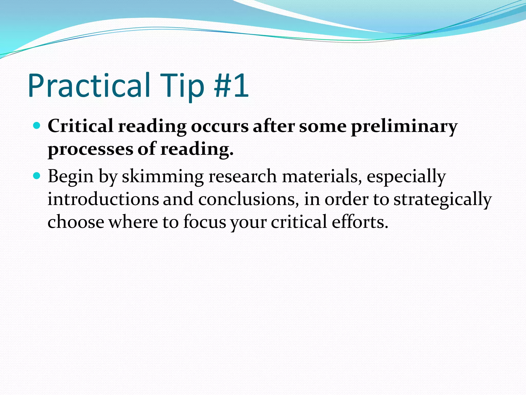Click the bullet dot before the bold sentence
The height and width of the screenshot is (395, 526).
[37, 126]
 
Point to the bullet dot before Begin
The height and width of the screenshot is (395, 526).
[37, 176]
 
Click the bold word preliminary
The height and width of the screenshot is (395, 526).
[404, 127]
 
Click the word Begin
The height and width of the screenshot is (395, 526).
[71, 177]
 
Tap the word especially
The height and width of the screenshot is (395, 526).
[406, 177]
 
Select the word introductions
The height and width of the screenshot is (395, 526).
[103, 199]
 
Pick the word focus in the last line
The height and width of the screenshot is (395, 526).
[204, 222]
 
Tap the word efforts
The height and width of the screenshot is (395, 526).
[360, 222]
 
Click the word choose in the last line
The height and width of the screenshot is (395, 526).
[76, 222]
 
